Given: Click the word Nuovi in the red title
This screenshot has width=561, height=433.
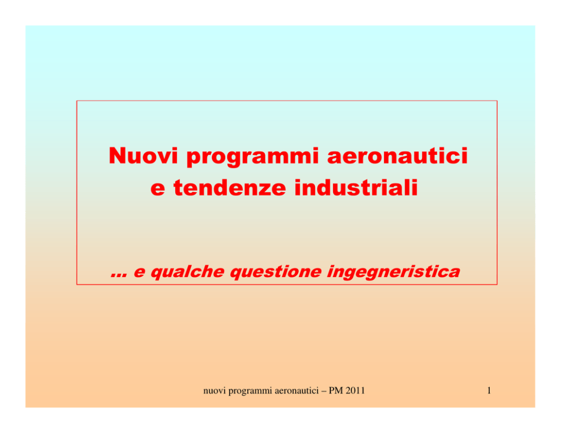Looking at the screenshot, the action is pyautogui.click(x=143, y=155).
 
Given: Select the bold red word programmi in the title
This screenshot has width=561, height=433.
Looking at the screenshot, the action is pyautogui.click(x=252, y=157).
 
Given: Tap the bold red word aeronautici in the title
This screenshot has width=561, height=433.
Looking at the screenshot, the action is pyautogui.click(x=398, y=155).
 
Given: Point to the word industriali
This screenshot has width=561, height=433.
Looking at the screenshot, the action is pyautogui.click(x=356, y=187).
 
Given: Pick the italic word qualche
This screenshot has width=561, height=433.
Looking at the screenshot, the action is pyautogui.click(x=187, y=272).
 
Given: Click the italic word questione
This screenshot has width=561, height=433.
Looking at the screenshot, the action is pyautogui.click(x=275, y=272).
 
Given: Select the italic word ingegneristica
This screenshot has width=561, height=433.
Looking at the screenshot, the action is pyautogui.click(x=393, y=272).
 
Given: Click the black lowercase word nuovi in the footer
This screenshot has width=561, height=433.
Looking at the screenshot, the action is pyautogui.click(x=215, y=391).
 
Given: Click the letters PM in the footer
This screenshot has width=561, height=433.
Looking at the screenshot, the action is pyautogui.click(x=335, y=391).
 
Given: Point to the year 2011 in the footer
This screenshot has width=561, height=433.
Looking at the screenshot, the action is pyautogui.click(x=355, y=391).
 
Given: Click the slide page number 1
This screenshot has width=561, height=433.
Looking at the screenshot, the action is pyautogui.click(x=489, y=391).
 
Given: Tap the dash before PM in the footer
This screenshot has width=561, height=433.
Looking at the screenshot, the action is pyautogui.click(x=324, y=392).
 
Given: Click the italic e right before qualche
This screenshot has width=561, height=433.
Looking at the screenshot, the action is pyautogui.click(x=139, y=273).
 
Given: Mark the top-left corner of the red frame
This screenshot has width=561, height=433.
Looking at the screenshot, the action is pyautogui.click(x=77, y=101).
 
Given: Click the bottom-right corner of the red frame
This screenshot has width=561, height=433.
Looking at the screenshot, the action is pyautogui.click(x=497, y=284).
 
